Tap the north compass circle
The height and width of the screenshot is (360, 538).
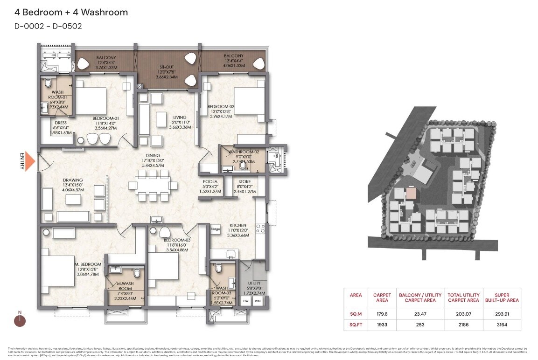20,320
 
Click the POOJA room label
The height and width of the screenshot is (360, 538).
208,182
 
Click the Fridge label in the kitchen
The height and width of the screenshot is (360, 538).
215,229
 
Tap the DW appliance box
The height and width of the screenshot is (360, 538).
246,301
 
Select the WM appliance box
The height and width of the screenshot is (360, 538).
257,301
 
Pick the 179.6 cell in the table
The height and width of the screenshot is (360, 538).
382,314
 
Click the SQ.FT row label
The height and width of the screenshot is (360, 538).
356,325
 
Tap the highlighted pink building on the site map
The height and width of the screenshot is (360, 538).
411,194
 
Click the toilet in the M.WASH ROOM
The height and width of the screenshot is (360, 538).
136,273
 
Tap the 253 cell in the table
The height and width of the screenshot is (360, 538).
420,325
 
